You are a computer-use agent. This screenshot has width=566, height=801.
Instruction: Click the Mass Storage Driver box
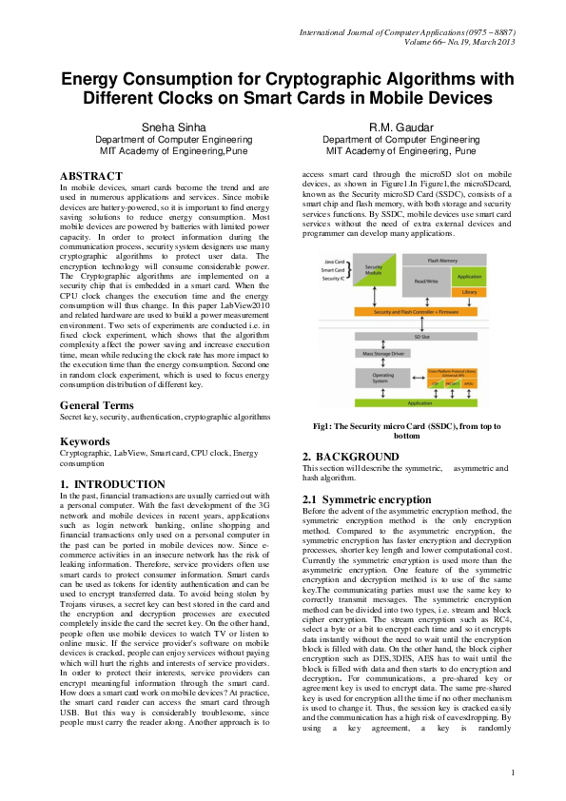(381, 353)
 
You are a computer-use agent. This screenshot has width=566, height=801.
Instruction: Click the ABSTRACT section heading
(91, 176)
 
